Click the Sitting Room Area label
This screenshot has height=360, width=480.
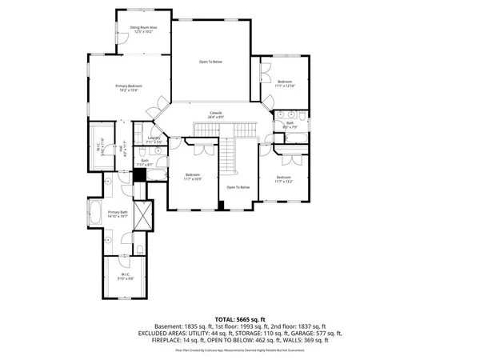pos(143,30)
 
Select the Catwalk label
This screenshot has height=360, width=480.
pos(216,115)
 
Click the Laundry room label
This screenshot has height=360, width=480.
pos(154,140)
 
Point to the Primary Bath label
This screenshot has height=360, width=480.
pos(118,214)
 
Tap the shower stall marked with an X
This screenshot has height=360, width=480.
pos(144,214)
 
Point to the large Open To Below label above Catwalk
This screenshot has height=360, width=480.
pos(211,62)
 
